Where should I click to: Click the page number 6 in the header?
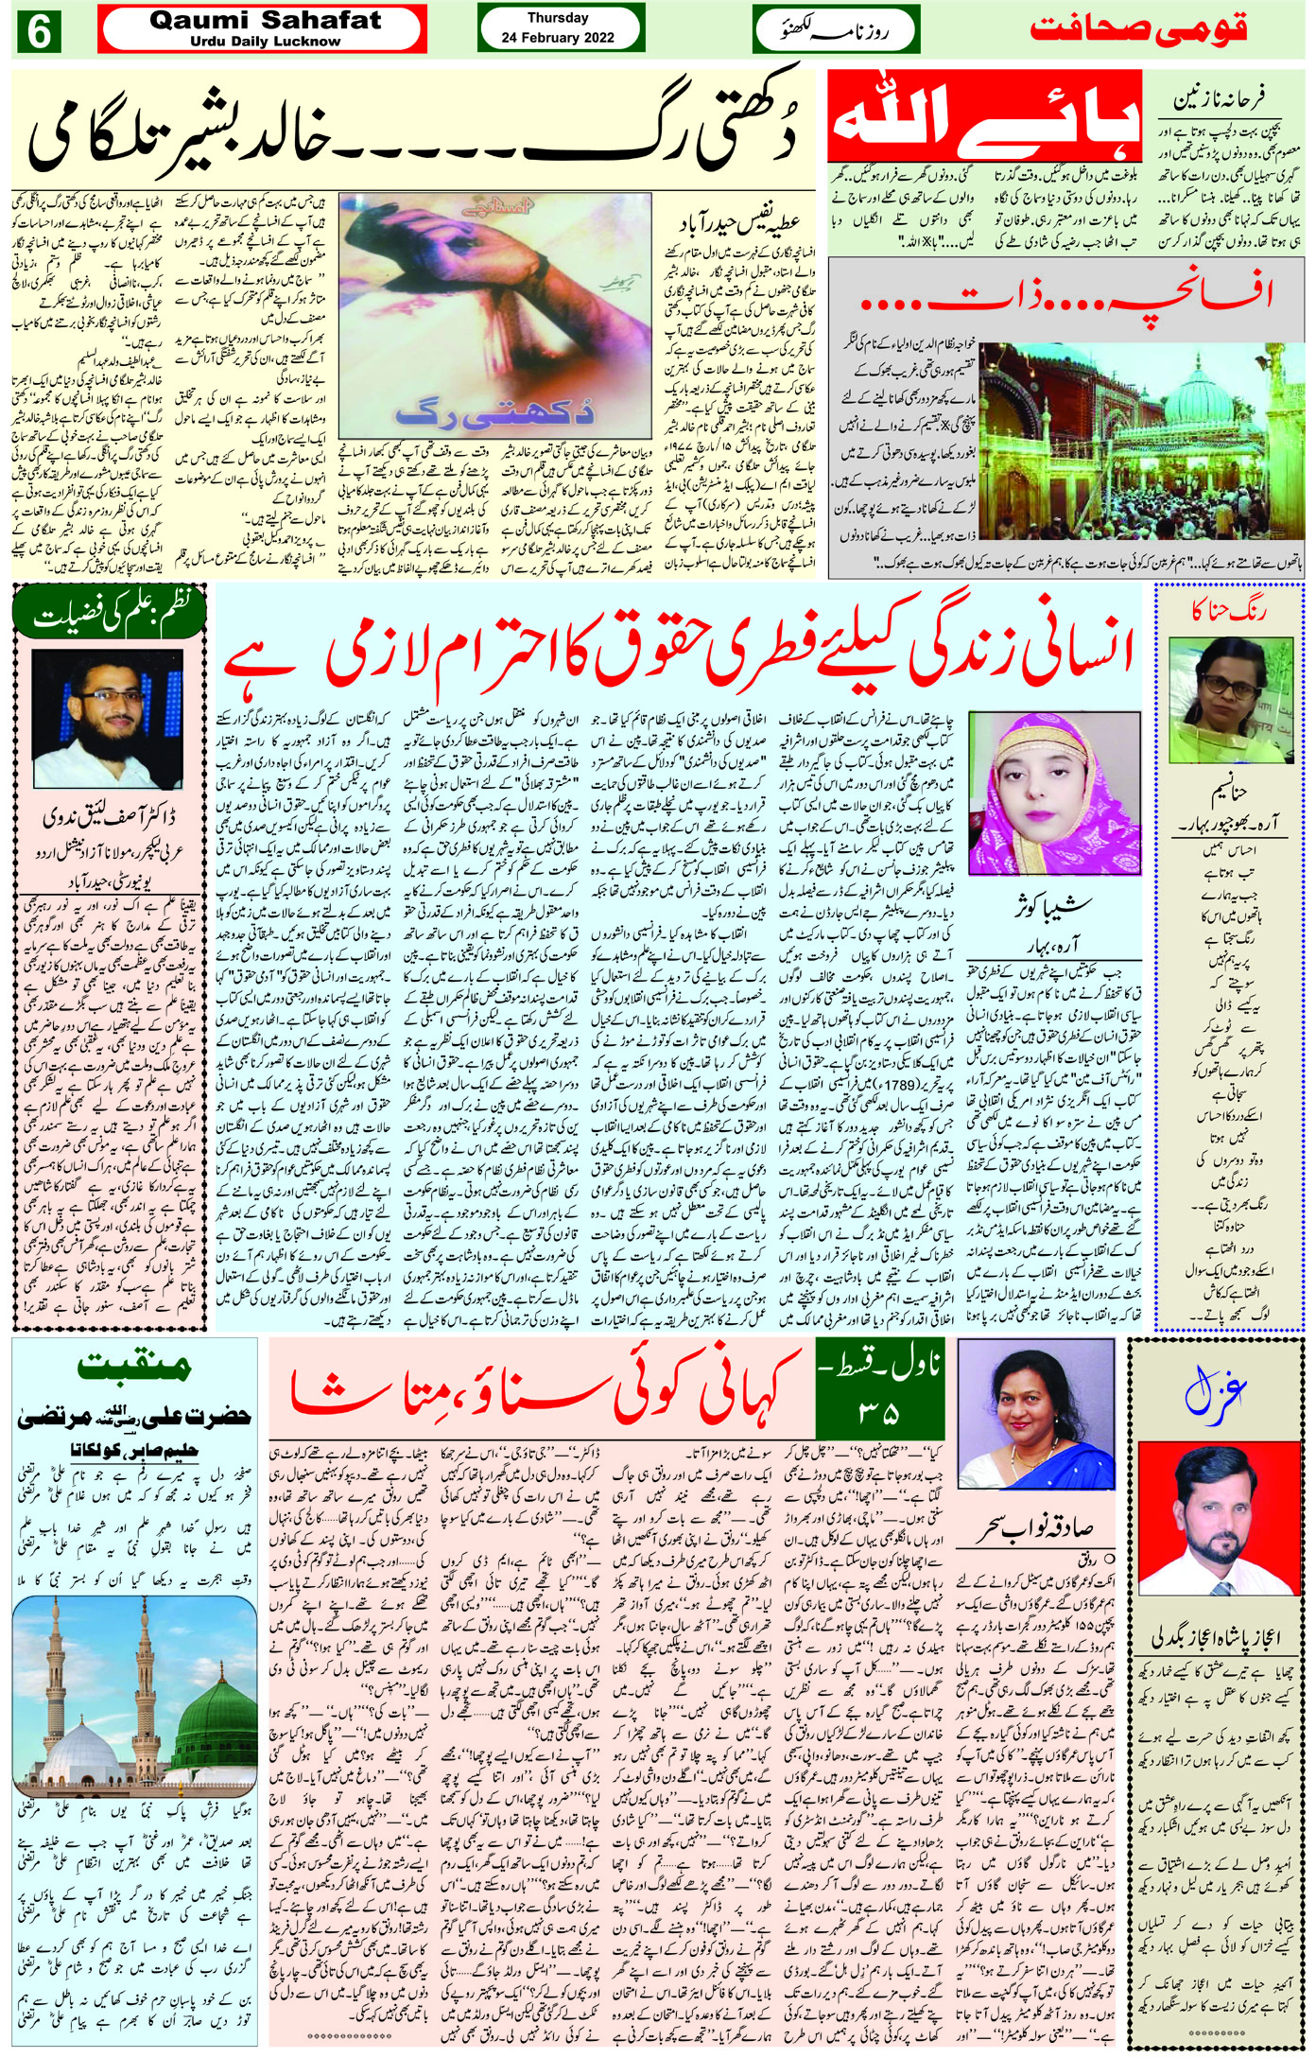pos(38,31)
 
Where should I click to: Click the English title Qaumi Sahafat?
pos(265,21)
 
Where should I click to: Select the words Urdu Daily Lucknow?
pos(265,42)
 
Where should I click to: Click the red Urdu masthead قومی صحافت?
pos(1138,28)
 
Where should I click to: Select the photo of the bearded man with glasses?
pos(107,719)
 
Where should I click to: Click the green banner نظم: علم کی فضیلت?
pos(110,615)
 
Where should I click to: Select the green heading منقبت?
pos(134,1366)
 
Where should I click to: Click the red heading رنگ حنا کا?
pos(1229,611)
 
